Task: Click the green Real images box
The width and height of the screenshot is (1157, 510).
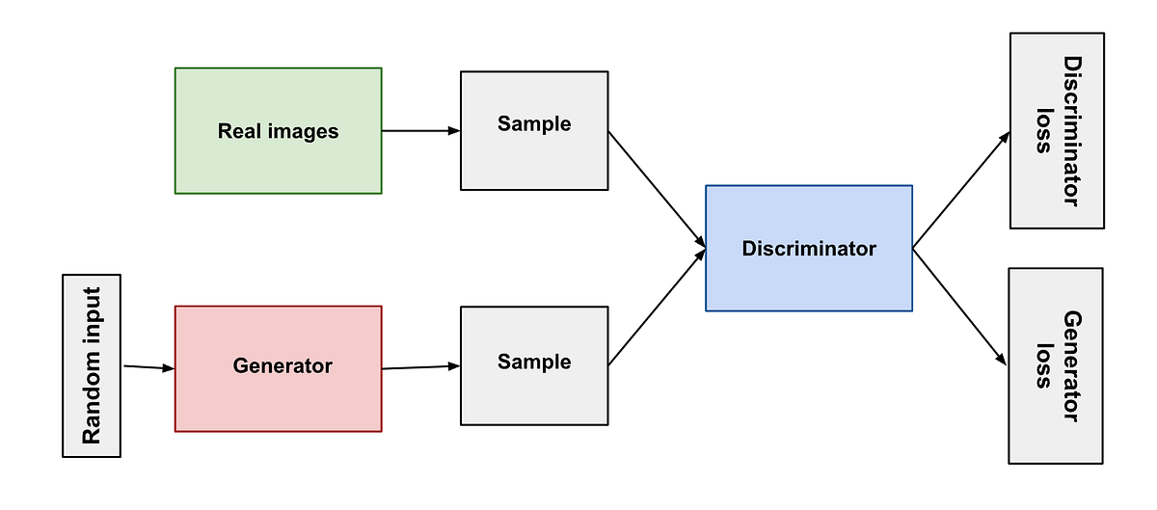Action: [x=278, y=130]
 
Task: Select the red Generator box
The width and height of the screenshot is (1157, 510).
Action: [x=278, y=366]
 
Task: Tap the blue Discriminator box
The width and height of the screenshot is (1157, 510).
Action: [x=808, y=248]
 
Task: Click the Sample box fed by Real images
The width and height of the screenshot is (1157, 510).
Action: [x=534, y=130]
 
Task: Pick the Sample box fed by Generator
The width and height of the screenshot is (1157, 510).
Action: [x=534, y=365]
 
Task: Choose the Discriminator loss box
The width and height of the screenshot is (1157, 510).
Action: [x=1057, y=130]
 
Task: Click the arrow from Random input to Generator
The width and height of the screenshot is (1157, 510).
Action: [x=148, y=367]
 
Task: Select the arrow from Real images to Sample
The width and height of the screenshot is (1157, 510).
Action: [x=420, y=130]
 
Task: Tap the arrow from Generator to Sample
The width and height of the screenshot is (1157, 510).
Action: [x=420, y=366]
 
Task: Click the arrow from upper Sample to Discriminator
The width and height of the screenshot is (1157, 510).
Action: [x=656, y=188]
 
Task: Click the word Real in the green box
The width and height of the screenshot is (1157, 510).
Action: [x=238, y=131]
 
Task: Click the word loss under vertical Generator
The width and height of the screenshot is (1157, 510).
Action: [x=1042, y=366]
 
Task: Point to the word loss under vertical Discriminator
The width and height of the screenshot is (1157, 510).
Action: [x=1042, y=130]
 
